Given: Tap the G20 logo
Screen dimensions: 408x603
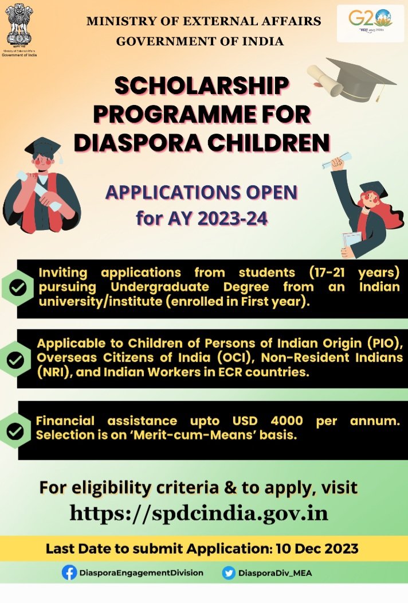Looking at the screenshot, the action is point(370,22).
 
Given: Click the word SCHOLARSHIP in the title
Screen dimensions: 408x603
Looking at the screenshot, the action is point(202,85).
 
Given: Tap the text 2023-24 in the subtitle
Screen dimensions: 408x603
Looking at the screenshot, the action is point(233,219).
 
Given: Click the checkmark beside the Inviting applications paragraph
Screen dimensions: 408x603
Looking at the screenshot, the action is point(18,288).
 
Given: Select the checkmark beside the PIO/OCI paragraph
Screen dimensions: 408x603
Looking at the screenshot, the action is point(15,360).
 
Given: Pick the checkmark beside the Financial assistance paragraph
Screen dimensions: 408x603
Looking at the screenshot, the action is point(15,431).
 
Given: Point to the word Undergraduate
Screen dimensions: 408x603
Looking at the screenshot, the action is point(160,287).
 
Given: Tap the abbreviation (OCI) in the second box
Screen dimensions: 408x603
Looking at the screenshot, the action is point(234,357).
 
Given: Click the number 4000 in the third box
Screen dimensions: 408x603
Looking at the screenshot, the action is point(287,421).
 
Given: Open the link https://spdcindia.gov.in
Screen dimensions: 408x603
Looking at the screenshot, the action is point(199,513).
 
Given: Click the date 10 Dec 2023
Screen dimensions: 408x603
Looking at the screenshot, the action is point(317,548).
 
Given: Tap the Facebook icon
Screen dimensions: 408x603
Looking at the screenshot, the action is point(69,573).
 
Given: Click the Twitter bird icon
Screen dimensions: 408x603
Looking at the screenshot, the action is point(229,573).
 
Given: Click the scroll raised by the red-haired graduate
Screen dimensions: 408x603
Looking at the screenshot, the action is point(336,160).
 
